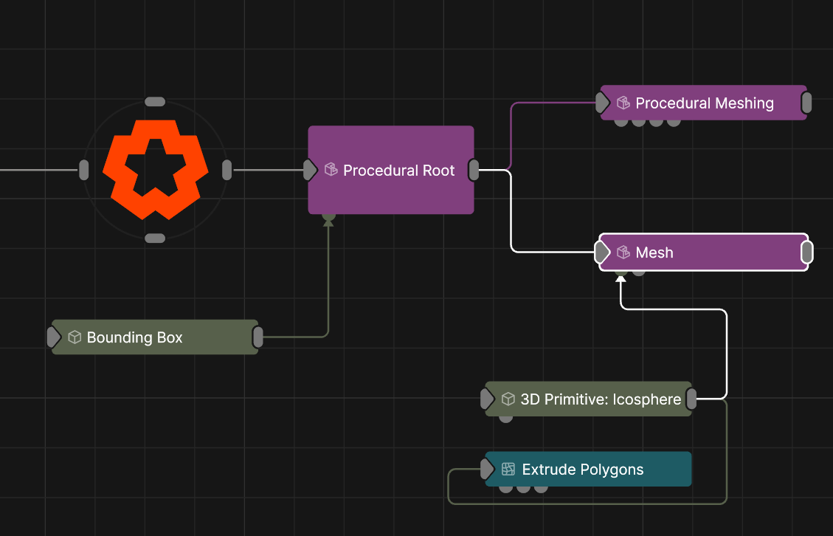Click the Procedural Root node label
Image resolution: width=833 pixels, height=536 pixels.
pos(399,171)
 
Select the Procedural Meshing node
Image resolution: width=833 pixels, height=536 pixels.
pos(704,103)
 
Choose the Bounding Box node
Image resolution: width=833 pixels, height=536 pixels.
pos(155,337)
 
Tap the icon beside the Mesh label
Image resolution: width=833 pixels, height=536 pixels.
pos(623,252)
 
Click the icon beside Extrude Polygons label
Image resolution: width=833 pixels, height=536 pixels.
pos(508,470)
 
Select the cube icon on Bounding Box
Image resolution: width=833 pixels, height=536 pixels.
pos(74,337)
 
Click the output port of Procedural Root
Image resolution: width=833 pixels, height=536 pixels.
pos(474,170)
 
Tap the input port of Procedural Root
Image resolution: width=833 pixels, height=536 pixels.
pos(310,171)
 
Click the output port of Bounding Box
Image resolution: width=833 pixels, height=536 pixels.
pos(258,337)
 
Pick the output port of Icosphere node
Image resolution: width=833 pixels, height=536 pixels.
pos(691,399)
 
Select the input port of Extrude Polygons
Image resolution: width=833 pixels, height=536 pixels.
pos(486,469)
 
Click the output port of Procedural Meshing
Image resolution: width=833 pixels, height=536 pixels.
pos(806,103)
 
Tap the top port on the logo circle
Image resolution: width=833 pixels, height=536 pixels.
pos(155,101)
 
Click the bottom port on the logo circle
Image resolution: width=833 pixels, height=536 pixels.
pos(155,238)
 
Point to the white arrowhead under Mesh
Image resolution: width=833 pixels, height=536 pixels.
pos(621,281)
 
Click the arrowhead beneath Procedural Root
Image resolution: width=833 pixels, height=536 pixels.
pos(328,221)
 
